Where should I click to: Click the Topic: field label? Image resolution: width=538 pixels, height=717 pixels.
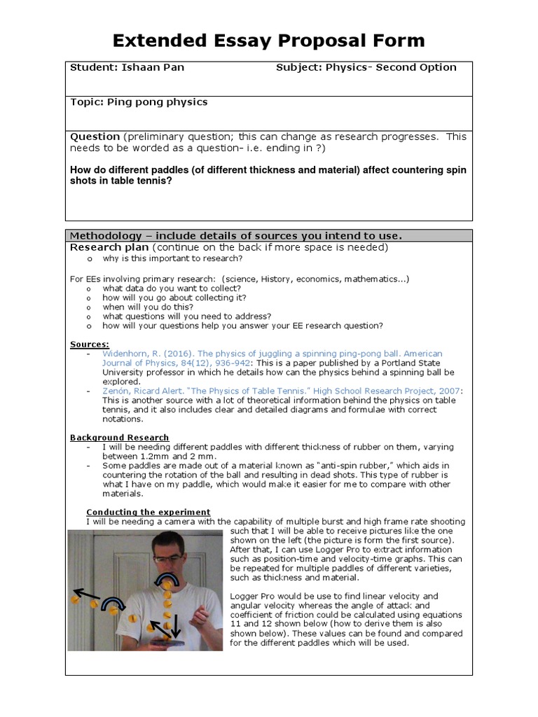87,102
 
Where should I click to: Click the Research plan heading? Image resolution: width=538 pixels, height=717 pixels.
109,247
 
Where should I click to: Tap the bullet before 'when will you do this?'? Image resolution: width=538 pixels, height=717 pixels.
89,307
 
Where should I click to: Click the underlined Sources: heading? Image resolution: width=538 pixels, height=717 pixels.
90,344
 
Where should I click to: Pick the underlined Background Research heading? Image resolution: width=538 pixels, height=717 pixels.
119,438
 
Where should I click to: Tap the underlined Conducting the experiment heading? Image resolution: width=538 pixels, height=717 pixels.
148,512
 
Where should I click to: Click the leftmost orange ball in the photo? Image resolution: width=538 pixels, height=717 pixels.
75,600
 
